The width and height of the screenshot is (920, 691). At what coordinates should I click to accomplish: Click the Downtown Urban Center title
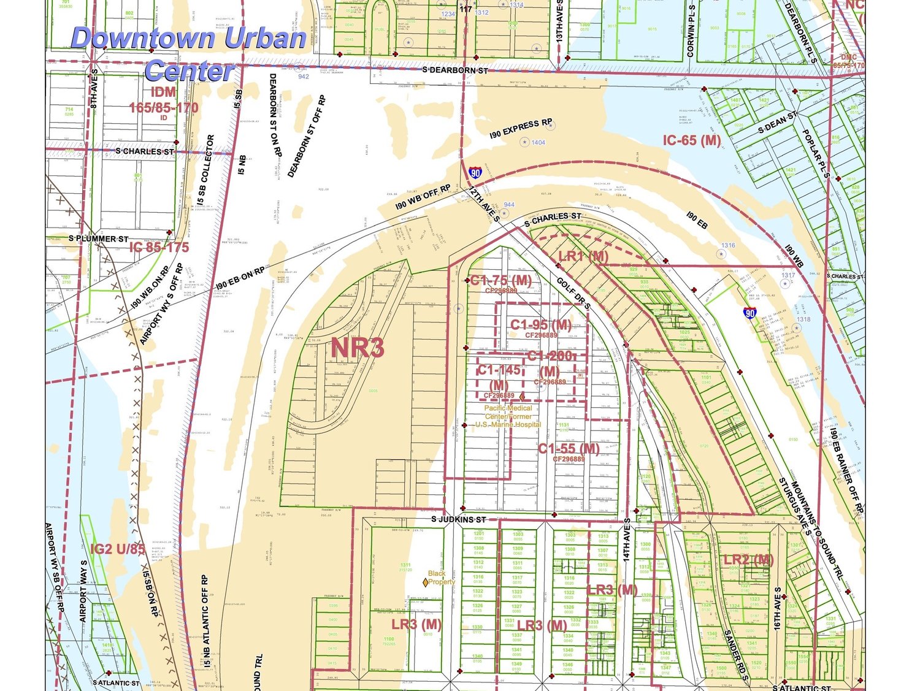click(x=189, y=54)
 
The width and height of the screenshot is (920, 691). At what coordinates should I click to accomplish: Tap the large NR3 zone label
click(x=358, y=348)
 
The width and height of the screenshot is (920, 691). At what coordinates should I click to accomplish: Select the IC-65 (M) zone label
click(x=691, y=140)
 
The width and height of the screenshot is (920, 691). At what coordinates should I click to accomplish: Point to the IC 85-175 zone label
click(x=159, y=247)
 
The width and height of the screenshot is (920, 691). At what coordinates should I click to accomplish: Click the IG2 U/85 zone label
click(x=118, y=549)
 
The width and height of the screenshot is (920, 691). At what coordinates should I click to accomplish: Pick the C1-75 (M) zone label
click(x=500, y=281)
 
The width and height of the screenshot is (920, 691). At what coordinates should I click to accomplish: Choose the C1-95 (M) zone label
click(x=540, y=324)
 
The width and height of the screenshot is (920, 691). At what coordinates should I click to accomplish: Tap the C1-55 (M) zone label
click(x=569, y=449)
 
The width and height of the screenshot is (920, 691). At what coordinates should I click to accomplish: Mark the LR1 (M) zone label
click(x=583, y=256)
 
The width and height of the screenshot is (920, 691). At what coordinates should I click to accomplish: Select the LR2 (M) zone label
click(x=748, y=559)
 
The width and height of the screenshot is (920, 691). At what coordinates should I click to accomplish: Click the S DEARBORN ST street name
click(x=455, y=70)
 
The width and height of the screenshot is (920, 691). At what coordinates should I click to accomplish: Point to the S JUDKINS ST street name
click(x=458, y=519)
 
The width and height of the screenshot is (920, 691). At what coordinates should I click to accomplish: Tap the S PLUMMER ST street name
click(x=98, y=239)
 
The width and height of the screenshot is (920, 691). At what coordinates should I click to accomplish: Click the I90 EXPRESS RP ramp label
click(x=521, y=128)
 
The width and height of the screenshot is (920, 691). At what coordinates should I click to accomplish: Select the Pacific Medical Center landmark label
click(x=508, y=416)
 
